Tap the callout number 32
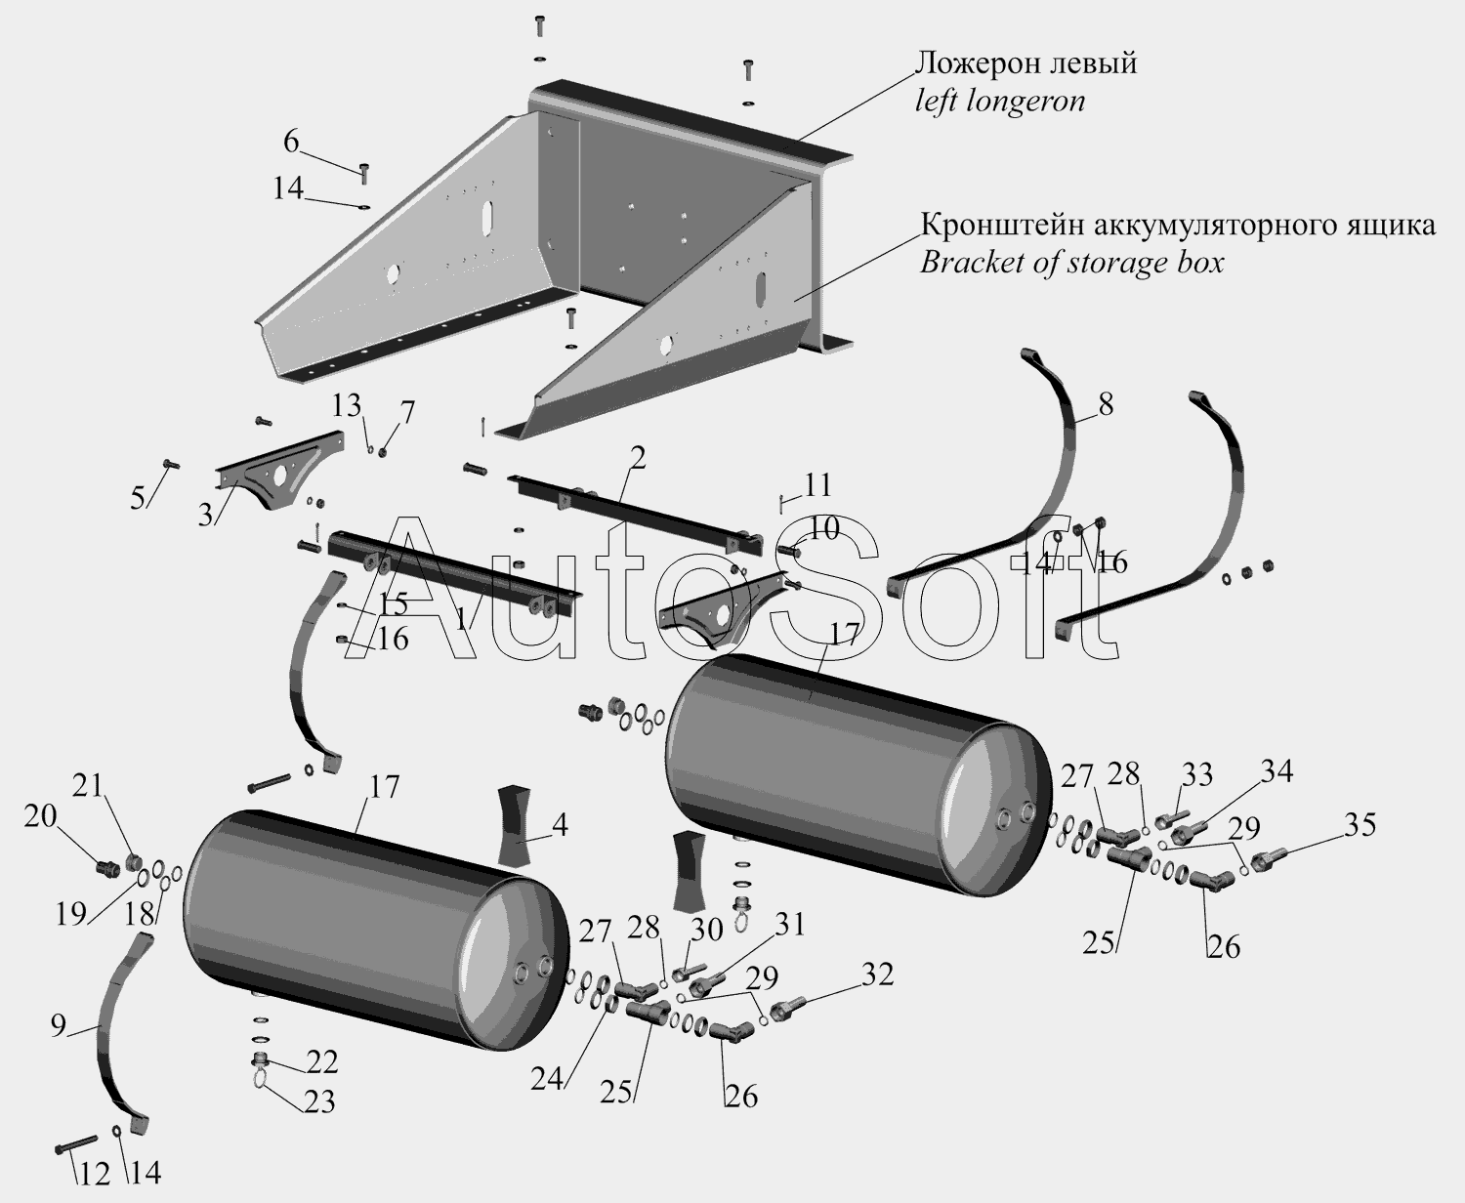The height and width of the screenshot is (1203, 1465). pos(879,975)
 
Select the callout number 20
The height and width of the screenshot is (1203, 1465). pos(41,818)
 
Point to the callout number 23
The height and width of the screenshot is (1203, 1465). pos(319,1102)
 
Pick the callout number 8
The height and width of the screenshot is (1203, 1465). pos(1106,403)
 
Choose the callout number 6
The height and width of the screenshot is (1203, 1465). pos(291,142)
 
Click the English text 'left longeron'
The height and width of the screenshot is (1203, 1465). pos(999,102)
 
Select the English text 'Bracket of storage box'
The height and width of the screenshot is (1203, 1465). pos(1071,263)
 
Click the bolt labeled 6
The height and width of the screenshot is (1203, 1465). pos(364,173)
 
